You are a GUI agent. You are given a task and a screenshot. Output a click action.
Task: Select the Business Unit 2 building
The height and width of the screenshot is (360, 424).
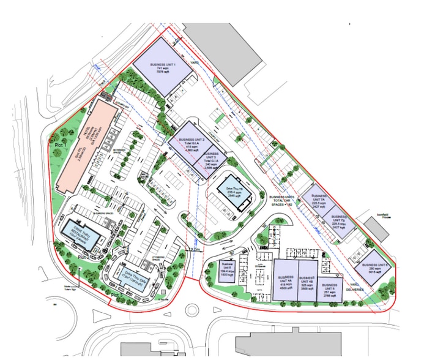tap(191, 142)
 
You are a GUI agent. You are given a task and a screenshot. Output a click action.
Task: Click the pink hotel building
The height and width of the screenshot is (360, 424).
tap(87, 144)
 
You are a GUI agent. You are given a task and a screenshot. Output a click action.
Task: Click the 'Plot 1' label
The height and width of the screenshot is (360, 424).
tap(59, 145)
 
